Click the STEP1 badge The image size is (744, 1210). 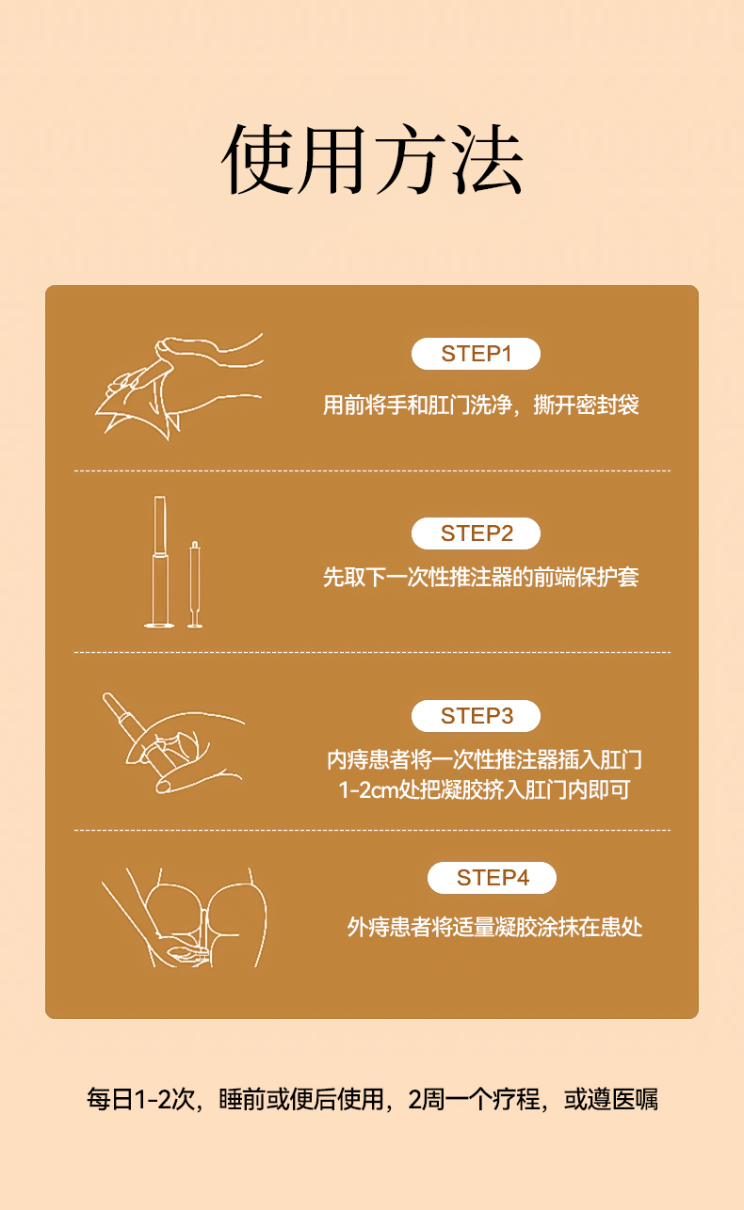point(476,354)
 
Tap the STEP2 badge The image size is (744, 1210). point(476,533)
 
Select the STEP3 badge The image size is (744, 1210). point(476,716)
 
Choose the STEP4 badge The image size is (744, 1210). point(492,878)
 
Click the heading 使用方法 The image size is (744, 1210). point(372,159)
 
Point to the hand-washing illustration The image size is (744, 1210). point(179,387)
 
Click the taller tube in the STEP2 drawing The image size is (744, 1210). point(159,562)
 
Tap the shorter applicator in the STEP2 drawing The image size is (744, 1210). point(195,584)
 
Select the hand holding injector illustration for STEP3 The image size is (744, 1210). point(173,742)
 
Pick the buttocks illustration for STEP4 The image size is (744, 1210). point(184,917)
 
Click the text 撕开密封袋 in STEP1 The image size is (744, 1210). point(586,406)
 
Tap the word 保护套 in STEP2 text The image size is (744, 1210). point(607,578)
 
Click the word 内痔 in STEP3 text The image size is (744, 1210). point(348,760)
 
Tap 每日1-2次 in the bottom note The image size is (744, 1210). point(140,1099)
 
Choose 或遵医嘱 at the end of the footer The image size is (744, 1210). point(611,1099)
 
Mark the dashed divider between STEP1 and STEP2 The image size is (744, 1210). point(372,471)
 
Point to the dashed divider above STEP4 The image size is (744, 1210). point(372,830)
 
